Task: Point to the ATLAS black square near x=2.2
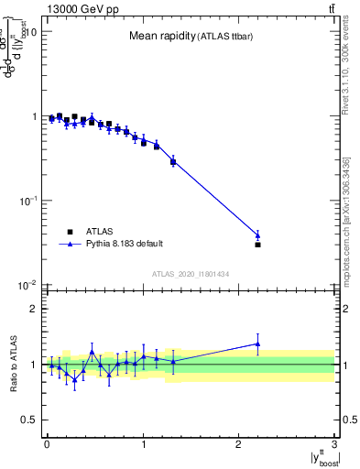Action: [x=257, y=245]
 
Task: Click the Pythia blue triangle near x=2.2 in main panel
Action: [x=257, y=235]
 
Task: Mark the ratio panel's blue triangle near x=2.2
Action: [x=257, y=344]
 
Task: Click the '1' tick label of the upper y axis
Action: [x=32, y=116]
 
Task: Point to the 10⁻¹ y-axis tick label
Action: [x=27, y=200]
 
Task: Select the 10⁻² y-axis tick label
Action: [x=27, y=284]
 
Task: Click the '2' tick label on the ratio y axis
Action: [x=32, y=309]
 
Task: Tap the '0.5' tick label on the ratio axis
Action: [x=28, y=420]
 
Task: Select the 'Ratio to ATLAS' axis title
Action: [x=13, y=364]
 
